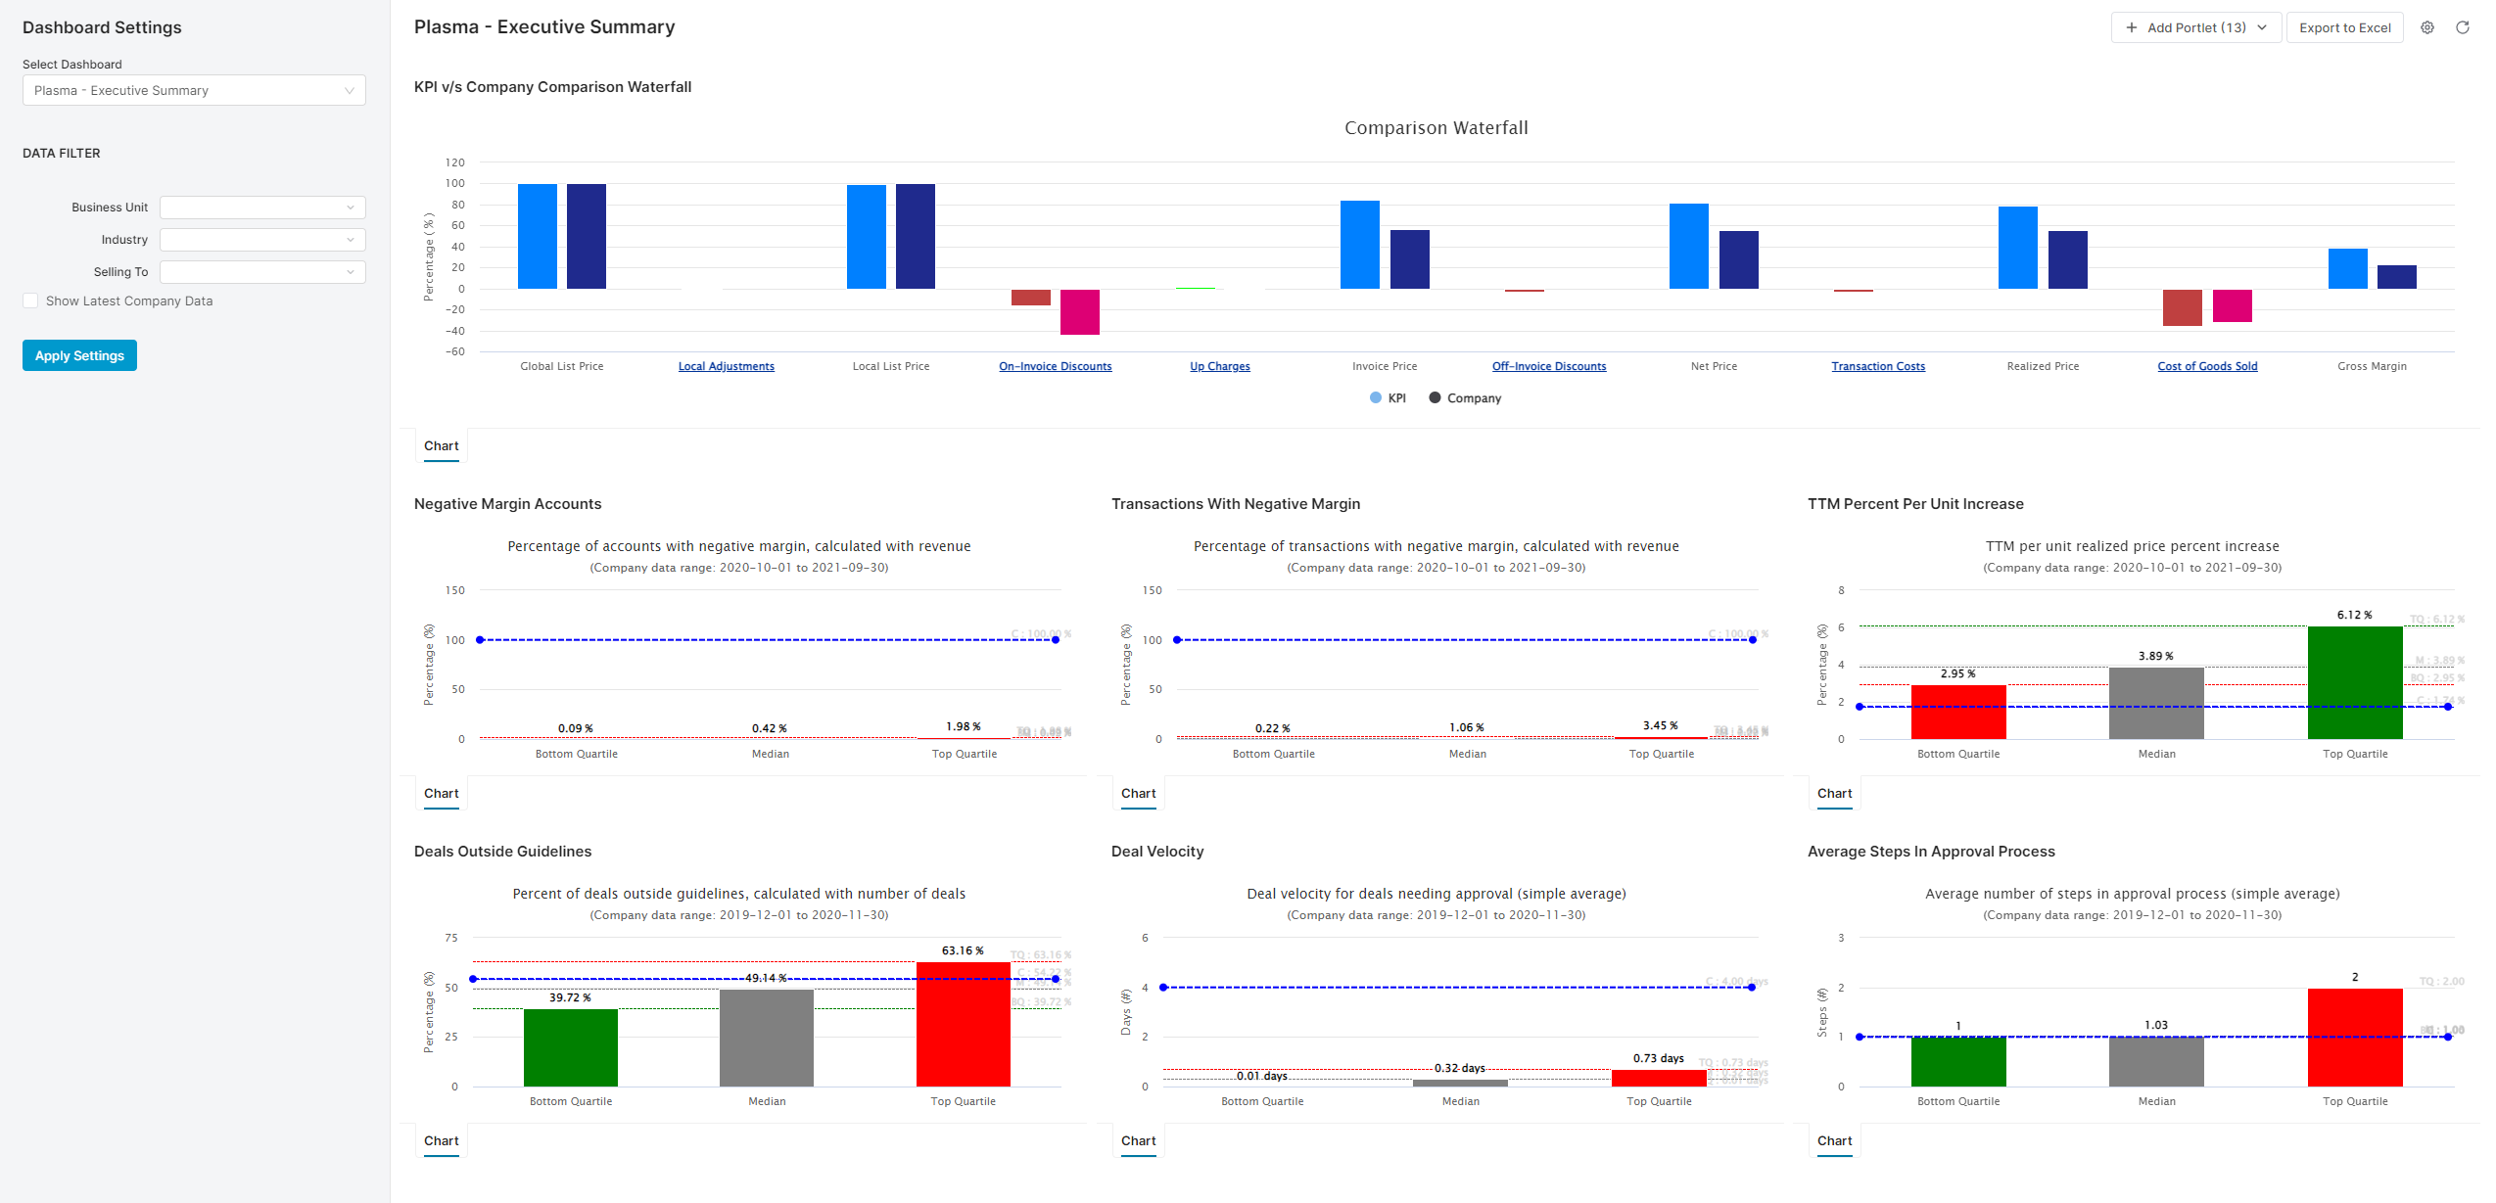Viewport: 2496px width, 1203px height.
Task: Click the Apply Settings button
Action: point(79,355)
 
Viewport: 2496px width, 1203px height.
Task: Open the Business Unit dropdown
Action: point(262,208)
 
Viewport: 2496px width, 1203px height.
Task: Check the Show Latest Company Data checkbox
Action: point(31,301)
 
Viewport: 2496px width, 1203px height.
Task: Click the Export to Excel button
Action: point(2343,27)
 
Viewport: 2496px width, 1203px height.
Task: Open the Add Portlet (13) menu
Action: point(2195,27)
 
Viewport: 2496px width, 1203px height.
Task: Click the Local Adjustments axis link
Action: point(726,366)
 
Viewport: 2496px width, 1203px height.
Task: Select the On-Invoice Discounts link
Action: point(1055,366)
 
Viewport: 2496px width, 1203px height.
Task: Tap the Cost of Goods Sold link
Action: point(2206,366)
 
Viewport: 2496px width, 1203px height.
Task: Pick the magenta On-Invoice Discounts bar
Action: point(1079,311)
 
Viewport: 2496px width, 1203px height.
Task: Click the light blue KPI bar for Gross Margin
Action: point(2347,268)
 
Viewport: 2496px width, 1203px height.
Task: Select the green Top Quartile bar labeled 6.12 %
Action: point(2354,682)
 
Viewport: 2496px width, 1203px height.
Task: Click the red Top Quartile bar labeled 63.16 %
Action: point(963,1024)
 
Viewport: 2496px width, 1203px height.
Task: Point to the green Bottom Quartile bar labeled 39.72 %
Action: point(571,1047)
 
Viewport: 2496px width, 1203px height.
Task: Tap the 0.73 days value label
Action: point(1658,1058)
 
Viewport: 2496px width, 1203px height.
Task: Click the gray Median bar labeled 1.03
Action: point(2155,1061)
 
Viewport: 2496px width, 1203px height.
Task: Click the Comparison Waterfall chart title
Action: point(1436,128)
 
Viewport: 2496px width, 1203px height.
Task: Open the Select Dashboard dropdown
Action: point(194,91)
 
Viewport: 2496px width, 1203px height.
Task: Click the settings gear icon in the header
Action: point(2426,27)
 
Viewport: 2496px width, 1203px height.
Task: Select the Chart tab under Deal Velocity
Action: point(1138,1141)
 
